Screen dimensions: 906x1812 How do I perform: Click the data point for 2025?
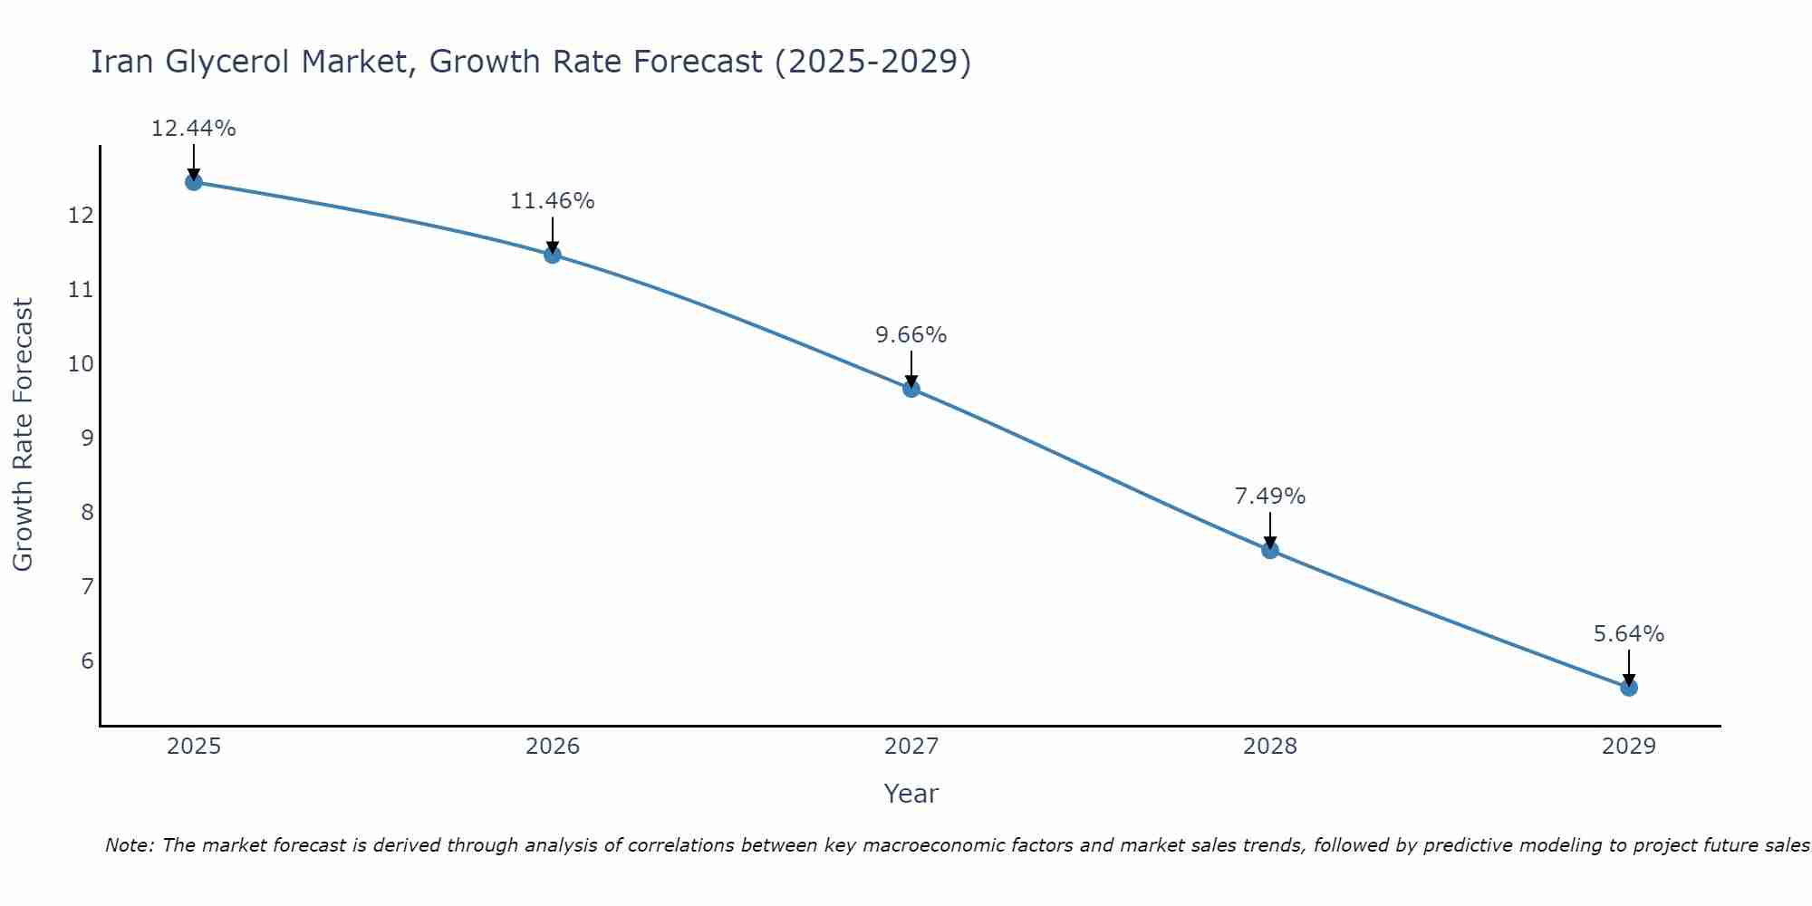(193, 182)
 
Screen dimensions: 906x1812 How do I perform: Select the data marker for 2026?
(552, 255)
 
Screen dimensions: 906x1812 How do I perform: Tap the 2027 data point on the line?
(911, 389)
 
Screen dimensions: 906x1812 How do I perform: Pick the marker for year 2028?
(1269, 550)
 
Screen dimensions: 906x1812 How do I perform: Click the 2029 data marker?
(1628, 688)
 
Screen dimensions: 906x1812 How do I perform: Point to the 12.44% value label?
(193, 129)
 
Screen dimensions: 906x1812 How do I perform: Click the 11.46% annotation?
(552, 201)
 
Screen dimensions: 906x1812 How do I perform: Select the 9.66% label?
(911, 335)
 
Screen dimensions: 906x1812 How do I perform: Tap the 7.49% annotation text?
(1269, 496)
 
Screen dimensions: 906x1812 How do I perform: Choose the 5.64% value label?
(1628, 634)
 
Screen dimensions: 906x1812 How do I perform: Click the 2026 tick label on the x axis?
(552, 747)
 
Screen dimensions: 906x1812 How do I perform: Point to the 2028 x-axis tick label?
(1269, 747)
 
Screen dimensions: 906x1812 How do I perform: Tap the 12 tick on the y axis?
(80, 216)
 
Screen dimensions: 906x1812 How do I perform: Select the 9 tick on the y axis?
(86, 439)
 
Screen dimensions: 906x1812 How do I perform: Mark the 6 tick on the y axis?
(86, 660)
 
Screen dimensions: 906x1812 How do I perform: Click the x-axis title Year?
(911, 794)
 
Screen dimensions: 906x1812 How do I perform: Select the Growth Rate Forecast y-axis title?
(23, 435)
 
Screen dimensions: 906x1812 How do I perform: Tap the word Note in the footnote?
(129, 845)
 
